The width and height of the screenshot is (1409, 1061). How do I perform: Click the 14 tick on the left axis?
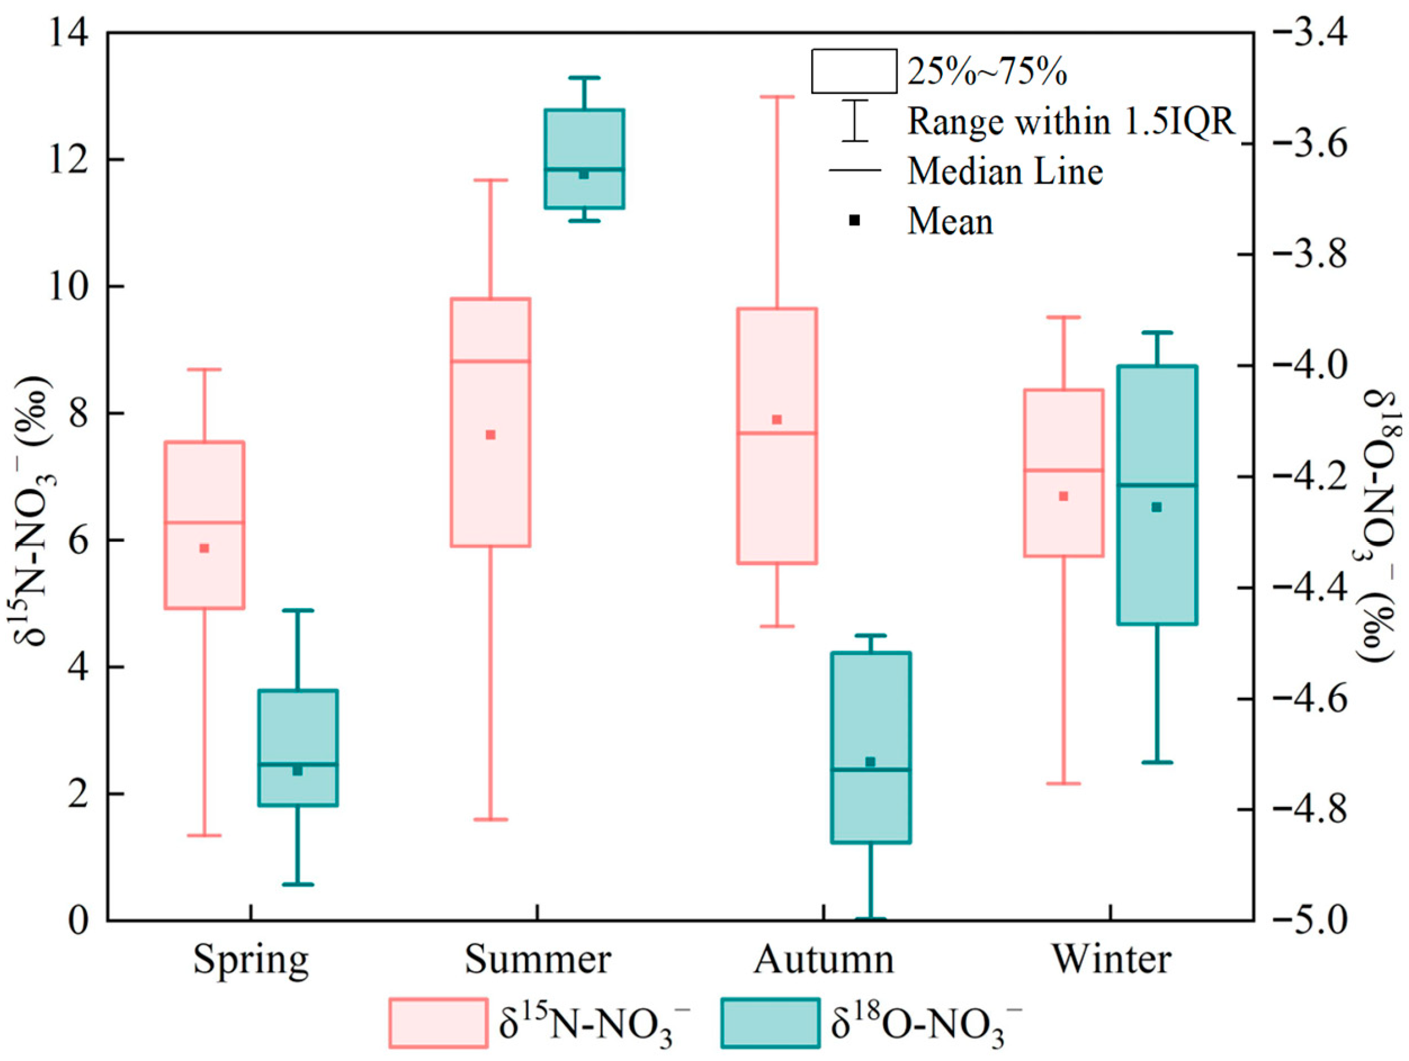tap(69, 34)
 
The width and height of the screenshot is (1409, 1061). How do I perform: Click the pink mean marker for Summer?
tap(491, 435)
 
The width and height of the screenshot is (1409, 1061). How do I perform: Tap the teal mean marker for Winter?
tap(1157, 507)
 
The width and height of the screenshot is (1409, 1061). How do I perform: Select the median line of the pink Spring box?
tap(205, 522)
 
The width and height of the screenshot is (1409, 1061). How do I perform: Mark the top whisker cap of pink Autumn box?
tap(776, 97)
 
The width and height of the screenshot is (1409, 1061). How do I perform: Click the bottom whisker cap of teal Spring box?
tap(298, 884)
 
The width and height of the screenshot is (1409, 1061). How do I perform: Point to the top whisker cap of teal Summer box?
tap(584, 78)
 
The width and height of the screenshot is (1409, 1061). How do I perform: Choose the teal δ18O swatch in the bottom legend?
tap(770, 1023)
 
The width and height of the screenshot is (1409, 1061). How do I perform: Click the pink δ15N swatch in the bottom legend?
tap(438, 1023)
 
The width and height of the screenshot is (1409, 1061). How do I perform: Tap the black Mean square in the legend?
tap(855, 220)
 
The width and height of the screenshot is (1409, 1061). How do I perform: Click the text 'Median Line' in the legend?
tap(1005, 172)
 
